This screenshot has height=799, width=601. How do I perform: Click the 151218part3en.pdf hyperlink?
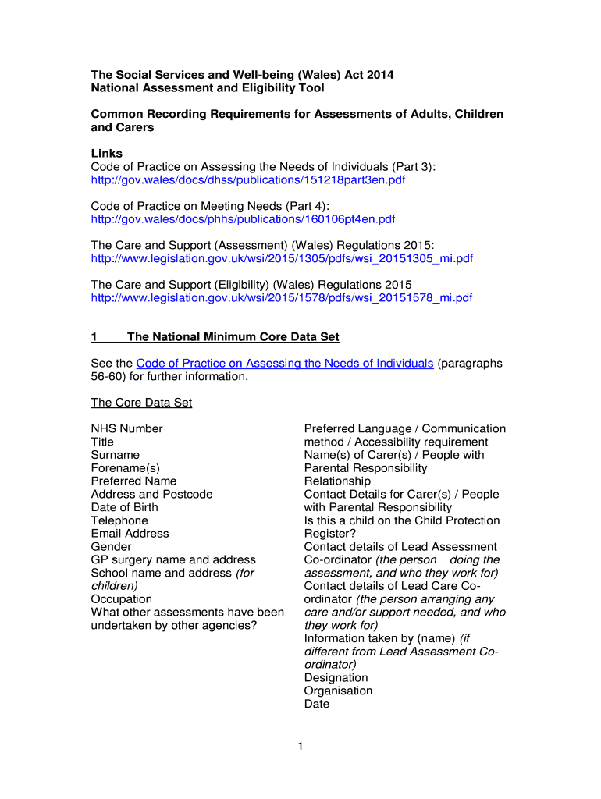[x=248, y=180]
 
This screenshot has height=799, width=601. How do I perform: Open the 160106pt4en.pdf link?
[x=243, y=219]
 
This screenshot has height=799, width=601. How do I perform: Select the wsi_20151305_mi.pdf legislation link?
[x=282, y=258]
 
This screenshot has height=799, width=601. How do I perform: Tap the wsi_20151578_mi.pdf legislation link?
[x=282, y=297]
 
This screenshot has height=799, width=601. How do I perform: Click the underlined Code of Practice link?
[x=285, y=364]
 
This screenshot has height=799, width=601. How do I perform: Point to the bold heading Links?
[x=107, y=154]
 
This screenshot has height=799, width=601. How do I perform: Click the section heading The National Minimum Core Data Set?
[x=233, y=337]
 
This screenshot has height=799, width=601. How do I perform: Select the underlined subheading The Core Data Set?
[x=141, y=403]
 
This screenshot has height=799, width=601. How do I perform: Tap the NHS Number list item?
[x=126, y=428]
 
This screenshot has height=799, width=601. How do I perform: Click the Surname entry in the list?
[x=115, y=455]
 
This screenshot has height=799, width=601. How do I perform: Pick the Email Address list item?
[x=130, y=534]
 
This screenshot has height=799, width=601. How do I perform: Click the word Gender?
[x=111, y=547]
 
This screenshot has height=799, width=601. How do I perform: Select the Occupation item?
[x=122, y=599]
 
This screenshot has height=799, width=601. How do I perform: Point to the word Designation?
[x=336, y=678]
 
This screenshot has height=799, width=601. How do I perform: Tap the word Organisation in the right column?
[x=338, y=691]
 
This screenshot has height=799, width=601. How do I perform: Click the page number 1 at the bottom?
[x=300, y=747]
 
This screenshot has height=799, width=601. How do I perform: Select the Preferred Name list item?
[x=133, y=481]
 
